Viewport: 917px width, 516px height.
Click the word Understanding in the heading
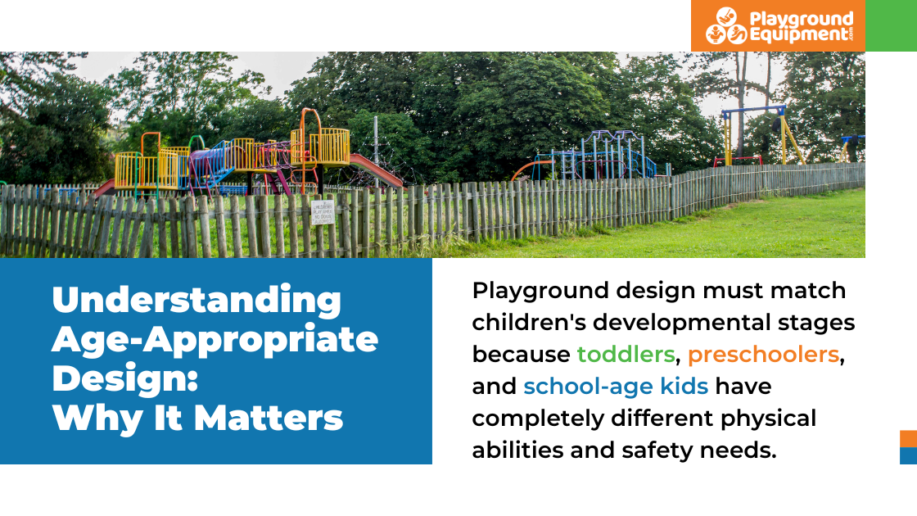[x=196, y=300]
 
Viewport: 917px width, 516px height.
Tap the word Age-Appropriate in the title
[x=215, y=339]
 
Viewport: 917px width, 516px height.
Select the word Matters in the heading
[x=268, y=418]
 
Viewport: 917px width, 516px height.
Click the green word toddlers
[x=626, y=354]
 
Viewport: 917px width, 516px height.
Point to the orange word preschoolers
[x=764, y=355]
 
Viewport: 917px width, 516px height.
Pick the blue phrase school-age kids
[x=616, y=387]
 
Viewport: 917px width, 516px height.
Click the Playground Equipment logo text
[x=801, y=27]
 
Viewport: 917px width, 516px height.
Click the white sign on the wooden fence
[x=323, y=211]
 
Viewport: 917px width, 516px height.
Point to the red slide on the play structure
[x=377, y=170]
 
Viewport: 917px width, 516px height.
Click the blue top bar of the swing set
[x=753, y=110]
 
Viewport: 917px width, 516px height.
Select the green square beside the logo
[x=892, y=25]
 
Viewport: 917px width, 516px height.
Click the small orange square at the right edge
[x=908, y=439]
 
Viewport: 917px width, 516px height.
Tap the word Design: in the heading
[x=125, y=378]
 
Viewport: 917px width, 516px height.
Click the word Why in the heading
[x=97, y=419]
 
